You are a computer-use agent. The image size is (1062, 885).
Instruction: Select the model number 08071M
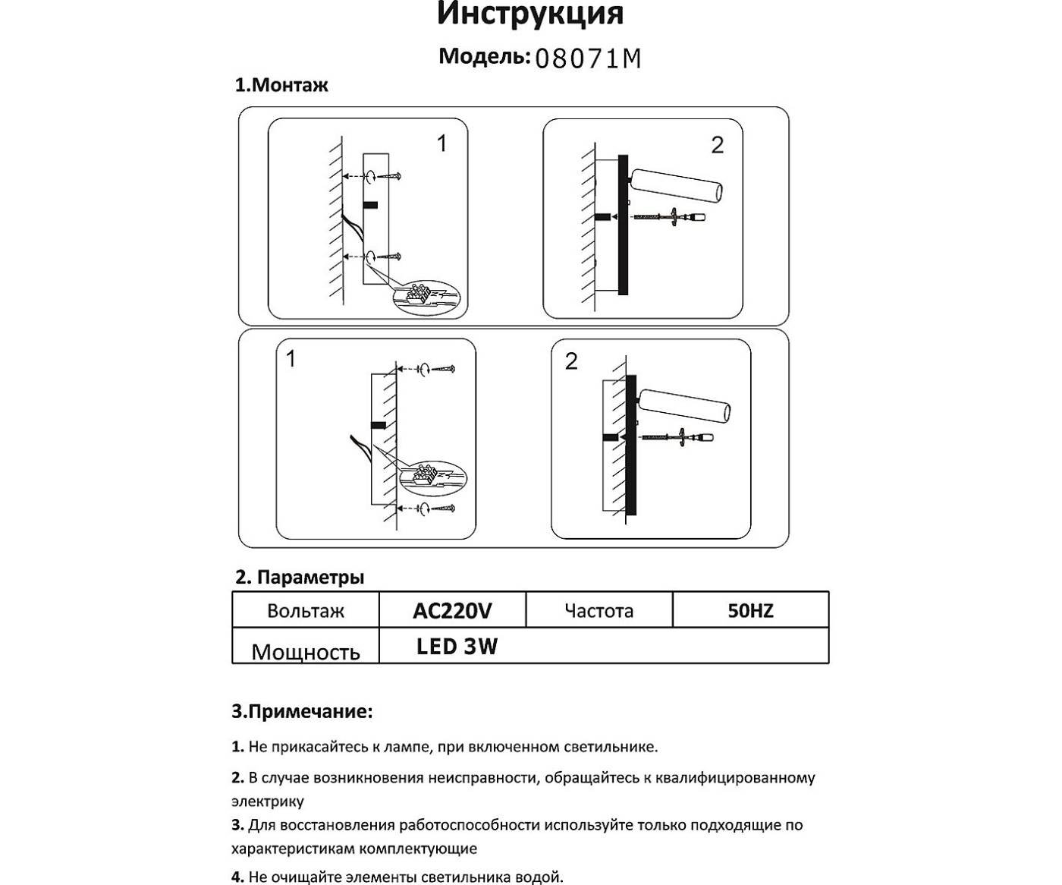point(588,58)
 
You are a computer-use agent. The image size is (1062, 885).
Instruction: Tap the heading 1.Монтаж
point(281,85)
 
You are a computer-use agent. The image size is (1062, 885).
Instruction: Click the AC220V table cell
point(452,610)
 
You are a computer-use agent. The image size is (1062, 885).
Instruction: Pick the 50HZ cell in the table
point(750,610)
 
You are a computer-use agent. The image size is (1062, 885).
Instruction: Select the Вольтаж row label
point(305,611)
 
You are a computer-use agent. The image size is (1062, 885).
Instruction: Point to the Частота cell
point(599,611)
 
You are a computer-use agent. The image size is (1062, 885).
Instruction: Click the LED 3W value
point(457,647)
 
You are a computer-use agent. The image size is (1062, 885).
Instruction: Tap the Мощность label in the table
point(305,652)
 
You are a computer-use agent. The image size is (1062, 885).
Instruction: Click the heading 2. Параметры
point(300,577)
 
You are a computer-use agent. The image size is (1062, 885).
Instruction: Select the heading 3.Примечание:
point(302,712)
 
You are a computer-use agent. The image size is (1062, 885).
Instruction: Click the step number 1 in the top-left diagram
point(442,143)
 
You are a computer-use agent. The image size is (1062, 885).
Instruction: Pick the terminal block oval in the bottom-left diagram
point(433,477)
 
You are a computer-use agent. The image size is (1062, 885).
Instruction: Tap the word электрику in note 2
point(268,802)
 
